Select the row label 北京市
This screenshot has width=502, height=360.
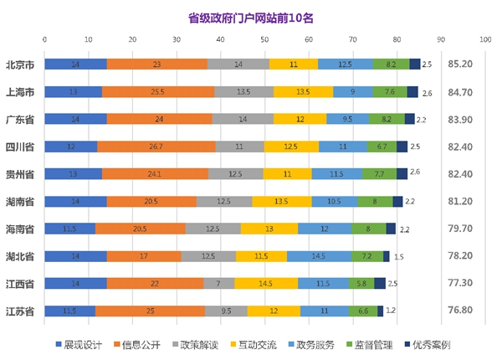click(20, 64)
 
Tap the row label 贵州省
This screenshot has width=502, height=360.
click(20, 174)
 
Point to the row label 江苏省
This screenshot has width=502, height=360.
click(20, 311)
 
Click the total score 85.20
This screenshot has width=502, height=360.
click(461, 64)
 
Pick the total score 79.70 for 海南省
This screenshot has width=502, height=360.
click(461, 229)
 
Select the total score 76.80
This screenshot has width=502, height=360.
click(461, 311)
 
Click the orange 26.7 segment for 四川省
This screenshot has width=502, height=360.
click(156, 147)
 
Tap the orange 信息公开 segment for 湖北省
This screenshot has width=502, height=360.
click(143, 256)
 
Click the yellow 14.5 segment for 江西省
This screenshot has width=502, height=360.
click(265, 284)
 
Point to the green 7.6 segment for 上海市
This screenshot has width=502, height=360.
click(390, 92)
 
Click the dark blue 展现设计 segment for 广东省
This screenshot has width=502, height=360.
click(75, 119)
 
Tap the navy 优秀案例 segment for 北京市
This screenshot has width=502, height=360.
click(414, 64)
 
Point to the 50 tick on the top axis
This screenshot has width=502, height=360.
click(264, 38)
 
